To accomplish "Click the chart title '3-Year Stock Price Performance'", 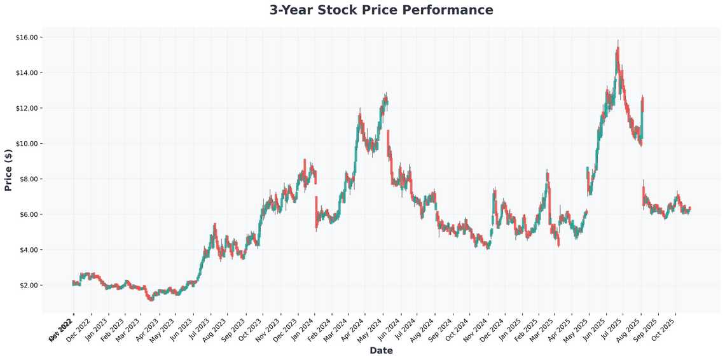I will tap(381, 10).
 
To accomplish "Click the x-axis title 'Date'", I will tap(381, 350).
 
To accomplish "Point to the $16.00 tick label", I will tap(27, 38).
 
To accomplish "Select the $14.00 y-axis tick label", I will tap(27, 73).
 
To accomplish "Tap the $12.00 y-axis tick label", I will tap(27, 108).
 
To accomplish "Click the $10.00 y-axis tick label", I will tap(27, 144).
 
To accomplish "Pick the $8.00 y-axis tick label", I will tap(29, 179).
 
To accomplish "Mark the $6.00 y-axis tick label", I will tap(29, 214).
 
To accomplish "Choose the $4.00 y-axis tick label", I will tap(29, 250).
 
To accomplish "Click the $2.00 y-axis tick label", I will tap(29, 286).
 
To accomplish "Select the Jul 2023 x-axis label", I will tap(199, 328).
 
